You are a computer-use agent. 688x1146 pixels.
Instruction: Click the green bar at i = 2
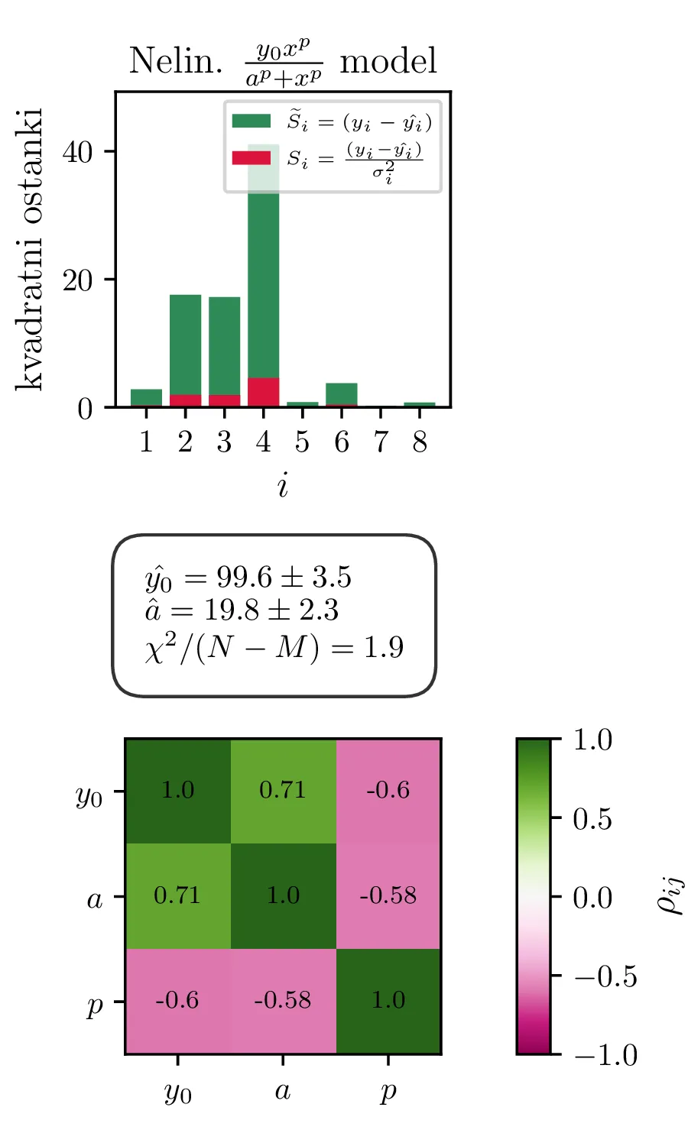point(185,344)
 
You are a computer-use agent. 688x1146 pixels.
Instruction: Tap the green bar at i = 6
point(341,393)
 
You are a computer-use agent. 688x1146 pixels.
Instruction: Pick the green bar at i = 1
point(146,397)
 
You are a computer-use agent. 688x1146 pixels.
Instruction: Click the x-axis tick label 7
point(381,442)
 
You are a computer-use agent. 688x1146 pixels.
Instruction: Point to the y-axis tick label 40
point(77,152)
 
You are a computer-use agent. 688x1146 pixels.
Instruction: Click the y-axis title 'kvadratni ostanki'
point(31,249)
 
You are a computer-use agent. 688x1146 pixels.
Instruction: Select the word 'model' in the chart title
point(388,61)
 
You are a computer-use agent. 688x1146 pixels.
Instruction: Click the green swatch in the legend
point(252,121)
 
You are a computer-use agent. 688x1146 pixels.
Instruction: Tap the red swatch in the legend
point(252,157)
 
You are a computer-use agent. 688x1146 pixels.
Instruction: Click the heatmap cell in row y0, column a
point(283,791)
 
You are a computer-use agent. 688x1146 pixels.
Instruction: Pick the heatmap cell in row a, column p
point(388,895)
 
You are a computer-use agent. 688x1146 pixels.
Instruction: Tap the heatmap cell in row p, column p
point(388,1001)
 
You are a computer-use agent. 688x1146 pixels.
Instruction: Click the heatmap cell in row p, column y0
point(177,1001)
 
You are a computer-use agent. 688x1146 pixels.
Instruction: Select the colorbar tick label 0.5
point(592,819)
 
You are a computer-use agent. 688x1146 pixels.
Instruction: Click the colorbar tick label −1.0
point(605,1055)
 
